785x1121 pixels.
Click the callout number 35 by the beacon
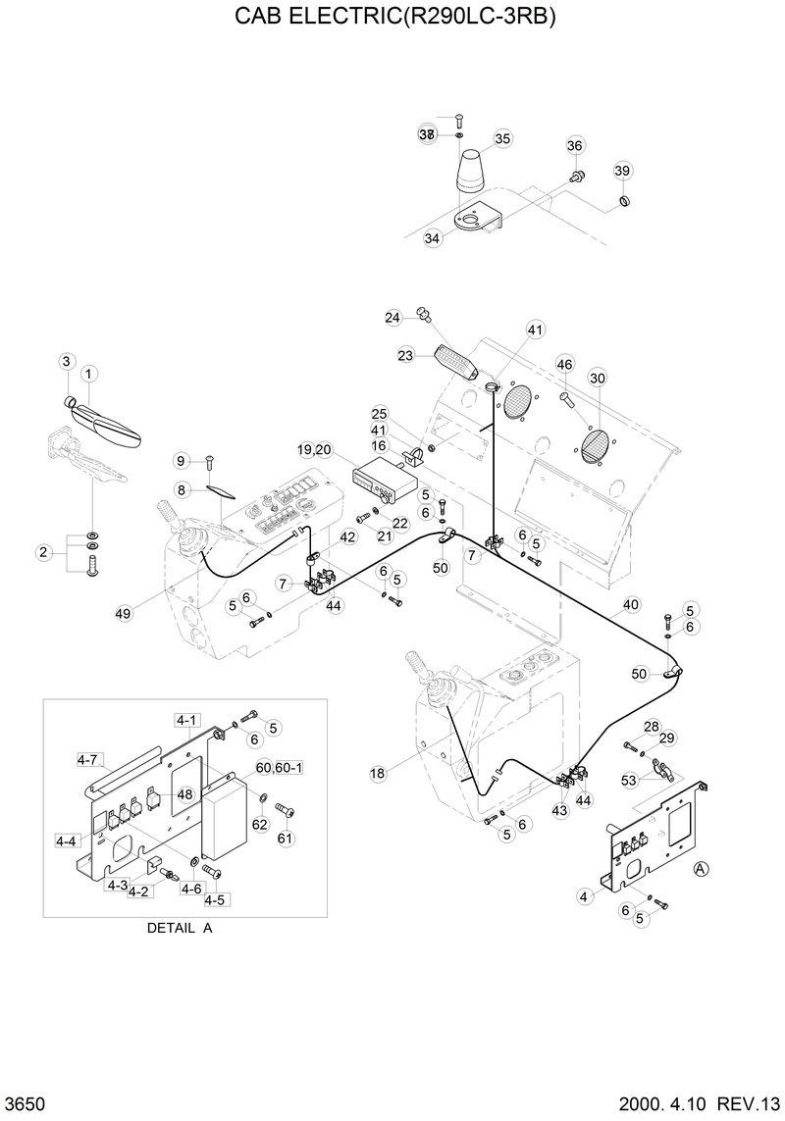pyautogui.click(x=502, y=138)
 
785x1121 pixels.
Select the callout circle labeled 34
pyautogui.click(x=433, y=238)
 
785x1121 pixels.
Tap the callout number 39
pyautogui.click(x=622, y=171)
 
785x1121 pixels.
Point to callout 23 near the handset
pyautogui.click(x=405, y=356)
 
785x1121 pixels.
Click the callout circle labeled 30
pyautogui.click(x=597, y=378)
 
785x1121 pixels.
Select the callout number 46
pyautogui.click(x=564, y=364)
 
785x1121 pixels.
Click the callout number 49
pyautogui.click(x=123, y=613)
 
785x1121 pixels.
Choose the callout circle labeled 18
pyautogui.click(x=378, y=774)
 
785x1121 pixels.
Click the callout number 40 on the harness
pyautogui.click(x=630, y=604)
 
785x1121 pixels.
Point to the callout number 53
pyautogui.click(x=629, y=780)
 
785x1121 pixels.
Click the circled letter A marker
pyautogui.click(x=701, y=868)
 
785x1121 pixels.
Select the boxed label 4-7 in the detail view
pyautogui.click(x=87, y=758)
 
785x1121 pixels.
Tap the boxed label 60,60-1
pyautogui.click(x=279, y=766)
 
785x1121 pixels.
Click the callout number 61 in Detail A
pyautogui.click(x=286, y=838)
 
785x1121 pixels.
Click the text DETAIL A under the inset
pyautogui.click(x=180, y=928)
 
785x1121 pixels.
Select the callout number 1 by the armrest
pyautogui.click(x=87, y=373)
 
